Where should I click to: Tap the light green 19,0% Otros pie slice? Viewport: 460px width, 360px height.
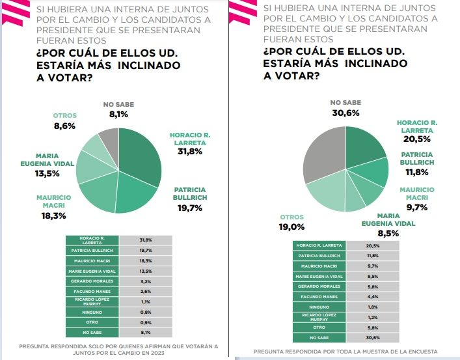[x=329, y=194]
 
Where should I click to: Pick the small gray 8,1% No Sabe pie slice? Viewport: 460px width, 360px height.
[x=109, y=139]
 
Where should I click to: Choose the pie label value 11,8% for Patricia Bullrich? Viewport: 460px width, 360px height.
[x=417, y=172]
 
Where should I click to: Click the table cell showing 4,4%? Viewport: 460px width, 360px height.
[x=372, y=297]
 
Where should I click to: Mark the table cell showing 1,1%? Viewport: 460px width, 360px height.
[x=146, y=302]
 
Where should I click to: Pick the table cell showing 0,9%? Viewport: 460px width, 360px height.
[x=146, y=322]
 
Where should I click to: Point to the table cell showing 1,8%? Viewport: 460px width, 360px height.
[x=372, y=307]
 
